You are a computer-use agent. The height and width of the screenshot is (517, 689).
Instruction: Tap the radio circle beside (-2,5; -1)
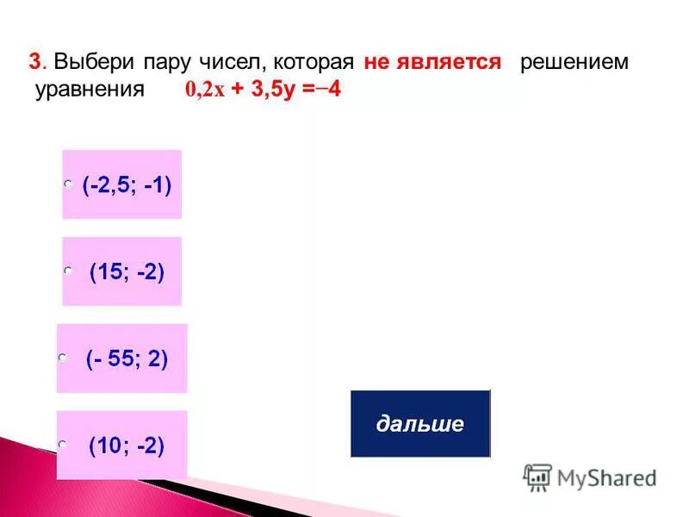[x=67, y=184]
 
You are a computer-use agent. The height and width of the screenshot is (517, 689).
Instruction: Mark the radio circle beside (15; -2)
[x=67, y=271]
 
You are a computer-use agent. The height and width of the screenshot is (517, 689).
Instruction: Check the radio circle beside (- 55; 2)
[x=62, y=356]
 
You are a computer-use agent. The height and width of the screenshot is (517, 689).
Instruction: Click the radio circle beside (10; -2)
[x=62, y=444]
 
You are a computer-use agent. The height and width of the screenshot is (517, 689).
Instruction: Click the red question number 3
[x=34, y=63]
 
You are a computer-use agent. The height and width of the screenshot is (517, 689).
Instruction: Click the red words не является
[x=432, y=63]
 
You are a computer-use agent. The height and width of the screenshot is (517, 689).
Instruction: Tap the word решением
[x=574, y=63]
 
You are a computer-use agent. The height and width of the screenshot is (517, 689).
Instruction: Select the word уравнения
[x=89, y=90]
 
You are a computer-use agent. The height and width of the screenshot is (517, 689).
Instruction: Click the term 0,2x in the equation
[x=204, y=91]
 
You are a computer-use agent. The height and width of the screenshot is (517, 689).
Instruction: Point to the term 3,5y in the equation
[x=271, y=90]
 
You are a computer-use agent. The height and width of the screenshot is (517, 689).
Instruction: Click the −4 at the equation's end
[x=329, y=90]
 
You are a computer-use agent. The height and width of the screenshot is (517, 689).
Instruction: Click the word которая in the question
[x=312, y=63]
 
